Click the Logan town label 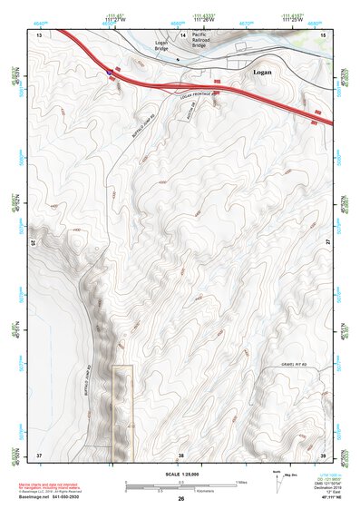point(261,68)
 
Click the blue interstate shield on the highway point(110,70)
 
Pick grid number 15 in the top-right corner point(322,34)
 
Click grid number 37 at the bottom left point(39,453)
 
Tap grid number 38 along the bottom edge point(180,453)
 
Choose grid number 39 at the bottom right point(322,453)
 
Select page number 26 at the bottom point(180,499)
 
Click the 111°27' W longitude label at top point(115,22)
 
